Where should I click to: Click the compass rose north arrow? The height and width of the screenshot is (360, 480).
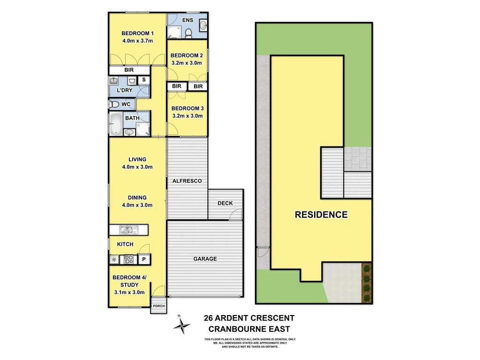pyautogui.click(x=182, y=324)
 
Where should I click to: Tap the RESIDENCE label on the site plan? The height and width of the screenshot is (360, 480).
pyautogui.click(x=321, y=215)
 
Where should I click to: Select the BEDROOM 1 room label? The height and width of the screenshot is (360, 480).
pyautogui.click(x=137, y=33)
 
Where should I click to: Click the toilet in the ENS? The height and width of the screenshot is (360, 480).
pyautogui.click(x=188, y=33)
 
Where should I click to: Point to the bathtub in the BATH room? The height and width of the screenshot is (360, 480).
pyautogui.click(x=115, y=125)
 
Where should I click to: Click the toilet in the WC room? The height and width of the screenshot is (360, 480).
pyautogui.click(x=114, y=104)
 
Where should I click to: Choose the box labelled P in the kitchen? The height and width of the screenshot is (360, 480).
pyautogui.click(x=144, y=259)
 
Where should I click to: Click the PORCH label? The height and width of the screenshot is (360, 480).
pyautogui.click(x=158, y=306)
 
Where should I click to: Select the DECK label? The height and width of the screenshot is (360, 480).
pyautogui.click(x=225, y=203)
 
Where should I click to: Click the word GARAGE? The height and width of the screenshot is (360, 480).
pyautogui.click(x=205, y=259)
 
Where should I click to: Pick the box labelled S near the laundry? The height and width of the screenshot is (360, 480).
pyautogui.click(x=143, y=80)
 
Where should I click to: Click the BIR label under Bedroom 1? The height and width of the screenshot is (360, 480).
pyautogui.click(x=129, y=70)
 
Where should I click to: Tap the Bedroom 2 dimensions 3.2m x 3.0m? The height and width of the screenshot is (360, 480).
pyautogui.click(x=187, y=63)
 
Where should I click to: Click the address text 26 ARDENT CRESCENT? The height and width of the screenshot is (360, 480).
pyautogui.click(x=249, y=318)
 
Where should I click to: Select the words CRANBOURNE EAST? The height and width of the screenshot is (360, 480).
pyautogui.click(x=249, y=329)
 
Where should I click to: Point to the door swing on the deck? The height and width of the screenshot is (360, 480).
pyautogui.click(x=236, y=215)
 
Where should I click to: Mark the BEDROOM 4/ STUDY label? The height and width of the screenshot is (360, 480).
pyautogui.click(x=129, y=281)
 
